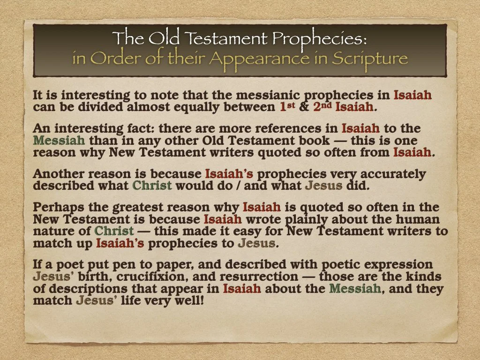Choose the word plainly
(x=310, y=219)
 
